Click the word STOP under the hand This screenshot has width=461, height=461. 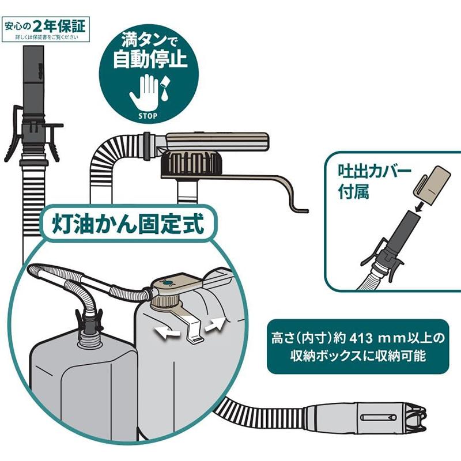coord(148,115)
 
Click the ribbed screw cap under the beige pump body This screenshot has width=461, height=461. coord(191,164)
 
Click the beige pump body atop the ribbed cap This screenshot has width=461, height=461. coord(219,140)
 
